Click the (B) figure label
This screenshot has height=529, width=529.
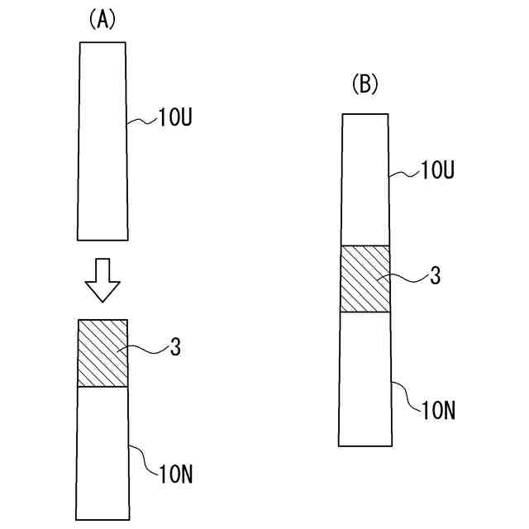[x=365, y=83]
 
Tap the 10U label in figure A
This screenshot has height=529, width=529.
[x=174, y=121]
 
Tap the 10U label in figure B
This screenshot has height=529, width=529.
[x=437, y=171]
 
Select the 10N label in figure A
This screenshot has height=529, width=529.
[x=174, y=474]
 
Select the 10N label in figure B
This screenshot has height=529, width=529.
[x=438, y=409]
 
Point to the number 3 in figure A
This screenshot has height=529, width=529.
[x=175, y=348]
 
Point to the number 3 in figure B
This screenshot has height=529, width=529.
[x=436, y=277]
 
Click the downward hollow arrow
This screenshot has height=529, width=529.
[x=102, y=281]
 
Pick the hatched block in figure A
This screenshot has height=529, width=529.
[x=102, y=353]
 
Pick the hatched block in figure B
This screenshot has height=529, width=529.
[x=365, y=279]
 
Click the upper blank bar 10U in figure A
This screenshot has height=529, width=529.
[x=102, y=141]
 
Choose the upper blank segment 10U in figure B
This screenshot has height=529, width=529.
[x=365, y=179]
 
